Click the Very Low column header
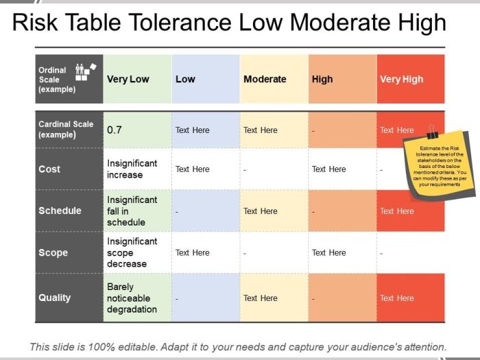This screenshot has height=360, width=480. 128,79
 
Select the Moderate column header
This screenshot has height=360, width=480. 265,79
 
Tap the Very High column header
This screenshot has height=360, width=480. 402,79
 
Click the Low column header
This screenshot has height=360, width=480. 185,79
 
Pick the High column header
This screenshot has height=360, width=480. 322,79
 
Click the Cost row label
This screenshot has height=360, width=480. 49,169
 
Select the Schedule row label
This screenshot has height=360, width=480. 60,211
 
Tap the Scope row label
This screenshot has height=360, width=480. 53,252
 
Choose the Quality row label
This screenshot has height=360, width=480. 55,298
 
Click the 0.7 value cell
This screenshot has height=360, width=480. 115,130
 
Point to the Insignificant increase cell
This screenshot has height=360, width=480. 132,169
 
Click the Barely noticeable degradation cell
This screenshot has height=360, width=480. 132,298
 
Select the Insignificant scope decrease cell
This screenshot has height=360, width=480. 132,252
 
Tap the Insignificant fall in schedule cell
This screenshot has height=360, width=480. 132,211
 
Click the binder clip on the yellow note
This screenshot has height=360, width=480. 431,132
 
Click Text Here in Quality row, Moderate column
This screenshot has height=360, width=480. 261,298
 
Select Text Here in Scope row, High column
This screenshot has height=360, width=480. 329,252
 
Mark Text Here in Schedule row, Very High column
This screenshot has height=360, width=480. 397,211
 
